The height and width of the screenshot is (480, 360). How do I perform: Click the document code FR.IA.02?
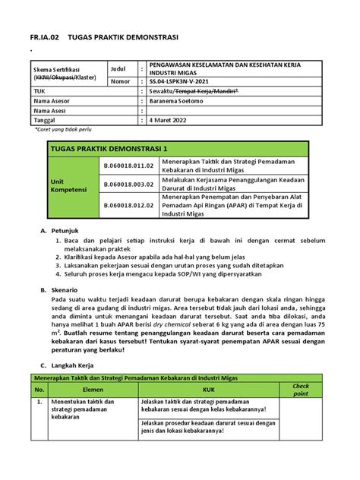[x=42, y=36]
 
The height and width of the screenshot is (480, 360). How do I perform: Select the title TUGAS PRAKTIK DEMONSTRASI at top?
[x=122, y=36]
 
